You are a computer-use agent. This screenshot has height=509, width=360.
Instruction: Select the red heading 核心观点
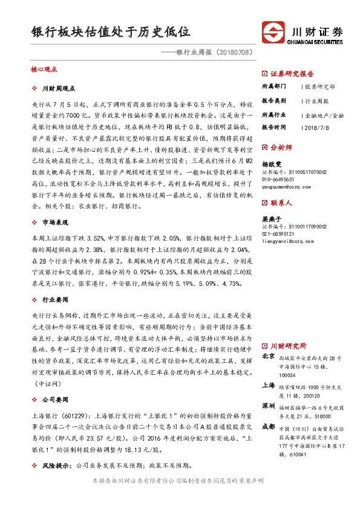(x=43, y=70)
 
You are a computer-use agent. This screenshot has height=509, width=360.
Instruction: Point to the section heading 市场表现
(x=56, y=223)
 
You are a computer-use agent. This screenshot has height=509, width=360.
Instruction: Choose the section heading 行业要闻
(x=56, y=299)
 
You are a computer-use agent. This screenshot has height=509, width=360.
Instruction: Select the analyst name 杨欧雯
(x=270, y=164)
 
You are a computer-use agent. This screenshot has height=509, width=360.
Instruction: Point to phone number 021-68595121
(x=278, y=233)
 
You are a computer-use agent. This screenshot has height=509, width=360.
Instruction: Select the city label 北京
(x=269, y=357)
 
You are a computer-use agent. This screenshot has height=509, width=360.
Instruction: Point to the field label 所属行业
(x=273, y=114)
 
